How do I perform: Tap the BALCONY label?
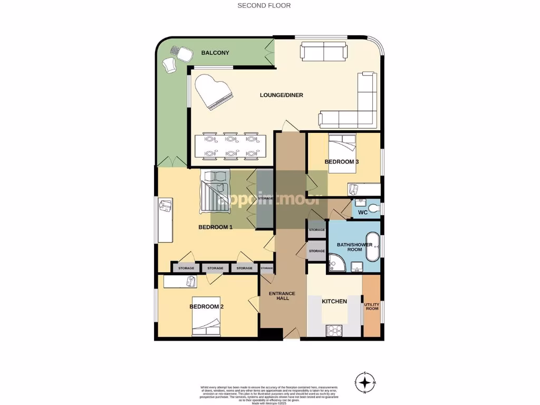coord(215,53)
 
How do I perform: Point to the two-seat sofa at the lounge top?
coord(324,52)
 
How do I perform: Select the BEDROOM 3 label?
coord(342,162)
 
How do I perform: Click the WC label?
coord(362,213)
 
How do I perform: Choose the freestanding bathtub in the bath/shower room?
coord(372,246)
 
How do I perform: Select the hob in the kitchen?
coord(335,331)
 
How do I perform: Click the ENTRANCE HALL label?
coord(282,296)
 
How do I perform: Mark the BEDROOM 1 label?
coord(215,227)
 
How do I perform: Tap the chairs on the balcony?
coord(177,59)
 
